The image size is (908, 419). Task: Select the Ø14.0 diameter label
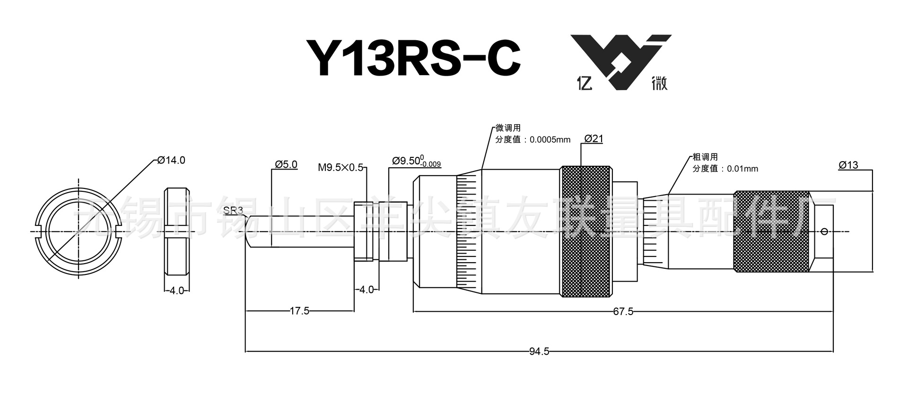(x=171, y=160)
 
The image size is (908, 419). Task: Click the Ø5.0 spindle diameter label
(x=286, y=164)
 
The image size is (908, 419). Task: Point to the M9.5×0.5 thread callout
(x=340, y=167)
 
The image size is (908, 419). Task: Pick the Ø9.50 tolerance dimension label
(x=416, y=162)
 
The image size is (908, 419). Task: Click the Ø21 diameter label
(x=594, y=138)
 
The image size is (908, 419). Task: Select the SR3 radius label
(x=233, y=211)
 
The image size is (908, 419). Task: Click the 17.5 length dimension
(x=299, y=311)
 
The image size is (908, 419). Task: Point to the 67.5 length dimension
(x=623, y=311)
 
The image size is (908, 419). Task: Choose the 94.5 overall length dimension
(x=539, y=351)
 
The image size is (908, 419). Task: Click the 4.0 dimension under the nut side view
(x=177, y=291)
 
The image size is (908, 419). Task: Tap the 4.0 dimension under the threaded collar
(x=367, y=289)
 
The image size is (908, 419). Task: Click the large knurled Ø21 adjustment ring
(x=585, y=231)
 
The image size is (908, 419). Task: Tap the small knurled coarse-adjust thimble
(x=771, y=231)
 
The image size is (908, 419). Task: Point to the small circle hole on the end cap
(x=824, y=231)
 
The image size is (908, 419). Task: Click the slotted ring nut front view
(x=79, y=231)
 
